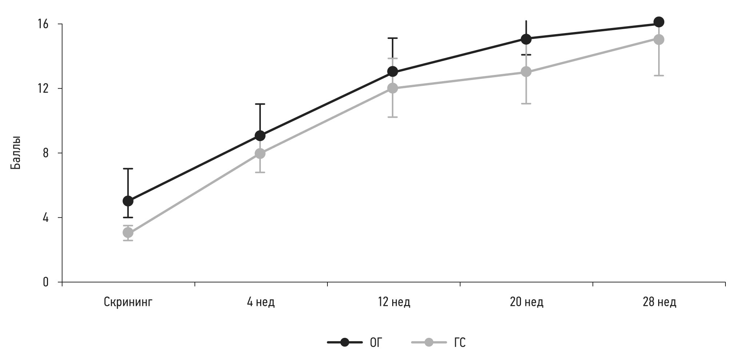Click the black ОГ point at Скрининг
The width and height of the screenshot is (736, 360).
128,201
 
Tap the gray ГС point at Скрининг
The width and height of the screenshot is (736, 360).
128,233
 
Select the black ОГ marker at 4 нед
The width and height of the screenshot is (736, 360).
260,136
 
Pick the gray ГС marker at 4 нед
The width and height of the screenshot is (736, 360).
260,153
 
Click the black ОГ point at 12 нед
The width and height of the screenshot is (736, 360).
393,72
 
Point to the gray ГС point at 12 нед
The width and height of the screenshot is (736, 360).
393,88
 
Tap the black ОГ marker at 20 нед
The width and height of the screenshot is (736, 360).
526,39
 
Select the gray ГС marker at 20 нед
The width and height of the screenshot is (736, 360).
526,72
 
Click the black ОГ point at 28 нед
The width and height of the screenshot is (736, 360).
659,22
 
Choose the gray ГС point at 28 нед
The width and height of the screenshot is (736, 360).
659,39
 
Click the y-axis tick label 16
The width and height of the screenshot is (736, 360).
43,24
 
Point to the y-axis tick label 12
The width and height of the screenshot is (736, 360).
43,88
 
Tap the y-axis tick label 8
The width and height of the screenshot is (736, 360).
45,153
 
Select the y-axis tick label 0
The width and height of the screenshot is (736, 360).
45,282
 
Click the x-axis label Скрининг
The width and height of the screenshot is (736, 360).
128,302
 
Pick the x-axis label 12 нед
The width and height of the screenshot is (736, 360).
393,302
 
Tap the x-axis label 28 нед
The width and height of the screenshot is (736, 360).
659,302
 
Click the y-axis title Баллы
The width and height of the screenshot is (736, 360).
16,153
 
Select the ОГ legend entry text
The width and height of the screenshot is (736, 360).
376,343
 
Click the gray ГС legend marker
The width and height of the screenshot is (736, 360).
429,343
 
